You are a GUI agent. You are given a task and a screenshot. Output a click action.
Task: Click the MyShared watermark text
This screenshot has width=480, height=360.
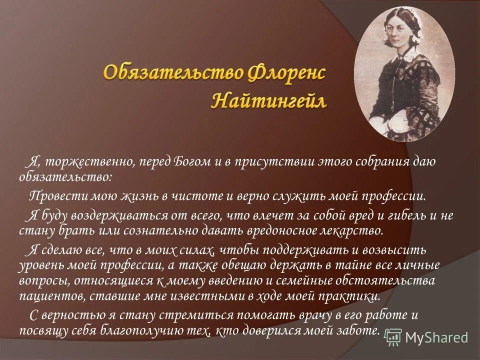(436, 337)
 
